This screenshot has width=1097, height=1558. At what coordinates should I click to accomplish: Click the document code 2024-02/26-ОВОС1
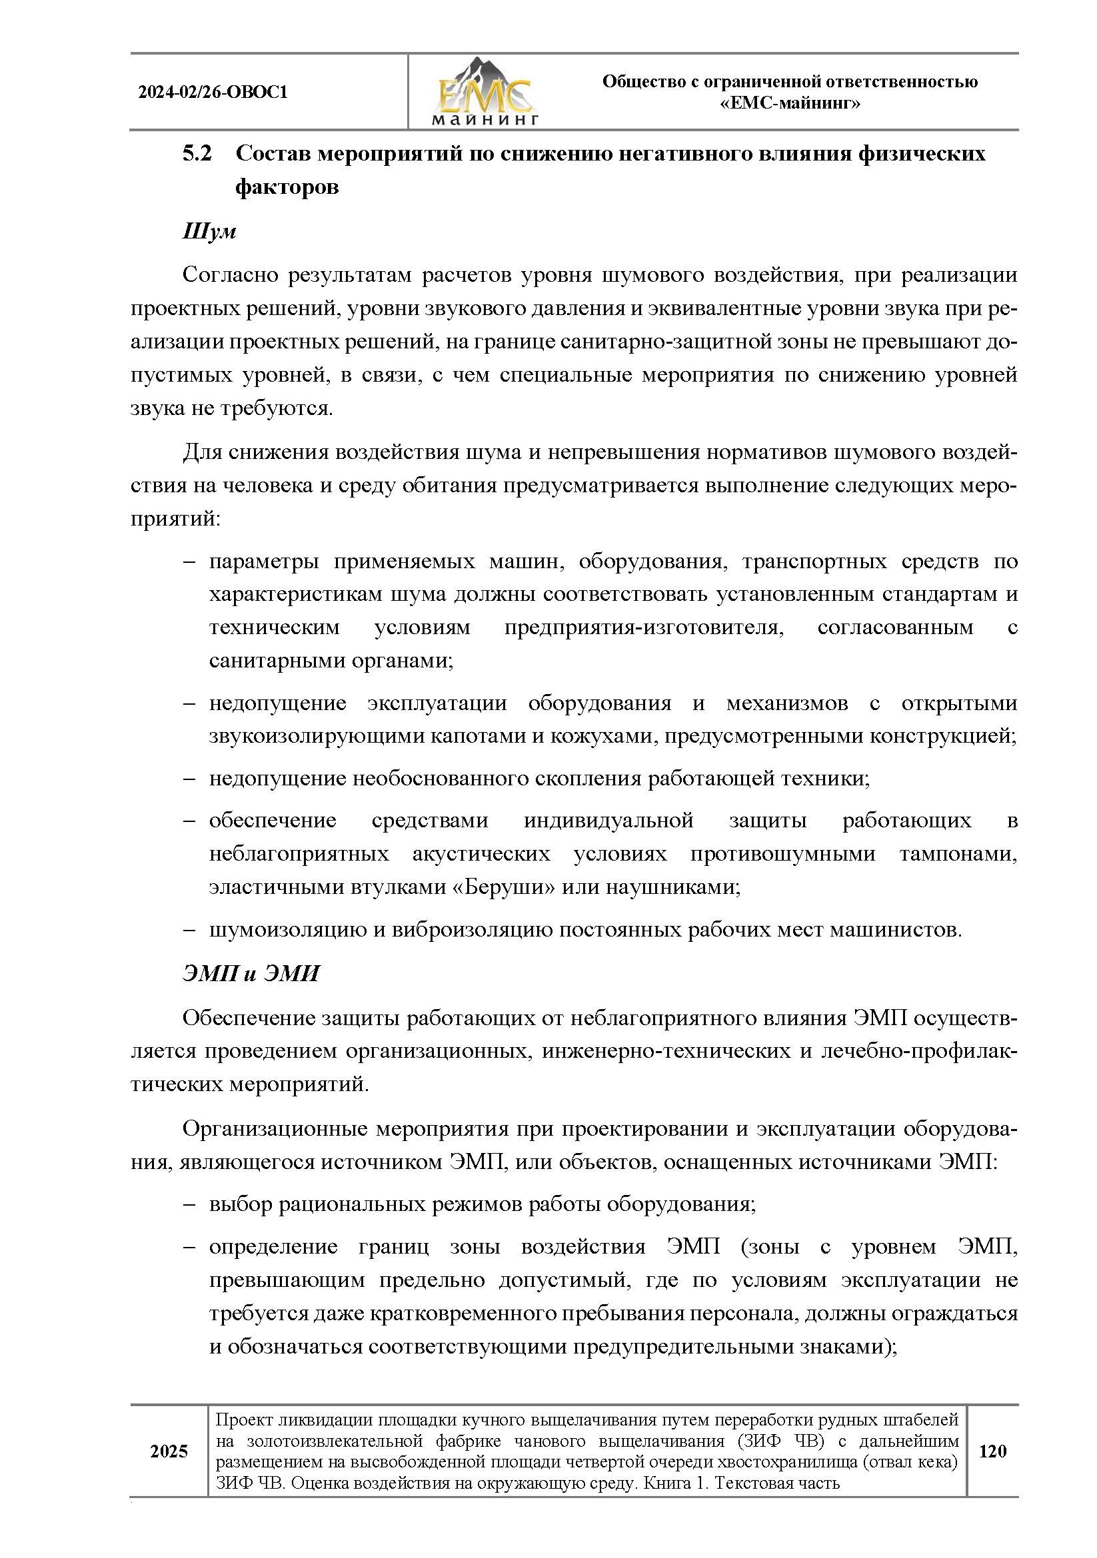tap(213, 93)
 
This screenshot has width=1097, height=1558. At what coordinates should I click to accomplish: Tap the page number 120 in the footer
tap(992, 1451)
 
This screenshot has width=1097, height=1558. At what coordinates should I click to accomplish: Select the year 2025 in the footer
tap(169, 1451)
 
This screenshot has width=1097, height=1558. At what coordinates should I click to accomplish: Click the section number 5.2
tap(197, 154)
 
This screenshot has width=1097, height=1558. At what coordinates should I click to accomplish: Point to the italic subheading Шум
tap(209, 230)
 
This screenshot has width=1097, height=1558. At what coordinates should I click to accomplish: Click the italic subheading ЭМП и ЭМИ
tap(251, 974)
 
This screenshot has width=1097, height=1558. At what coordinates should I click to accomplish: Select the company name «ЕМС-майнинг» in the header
tap(790, 104)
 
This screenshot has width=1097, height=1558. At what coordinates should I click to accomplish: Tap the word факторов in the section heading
tap(287, 187)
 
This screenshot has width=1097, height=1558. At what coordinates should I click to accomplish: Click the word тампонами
tap(958, 854)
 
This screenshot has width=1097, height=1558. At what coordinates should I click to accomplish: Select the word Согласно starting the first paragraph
tap(231, 275)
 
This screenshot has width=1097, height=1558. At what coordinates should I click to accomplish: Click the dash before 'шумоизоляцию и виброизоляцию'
tap(189, 930)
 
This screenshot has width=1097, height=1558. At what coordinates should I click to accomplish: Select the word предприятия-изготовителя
tap(644, 627)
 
